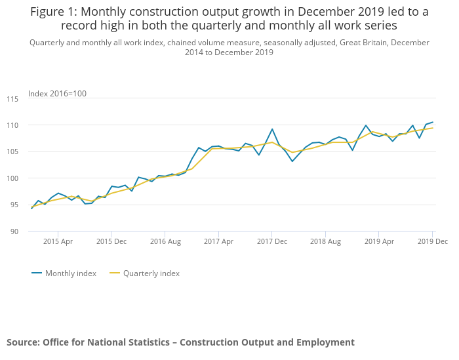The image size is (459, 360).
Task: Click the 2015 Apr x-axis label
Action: tap(58, 241)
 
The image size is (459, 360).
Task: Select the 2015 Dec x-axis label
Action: tap(111, 241)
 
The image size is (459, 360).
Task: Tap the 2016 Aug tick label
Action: tap(165, 241)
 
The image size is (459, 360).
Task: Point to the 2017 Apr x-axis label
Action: tap(218, 241)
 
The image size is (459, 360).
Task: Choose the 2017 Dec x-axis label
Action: tap(272, 241)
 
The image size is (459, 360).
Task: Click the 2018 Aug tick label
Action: tap(325, 241)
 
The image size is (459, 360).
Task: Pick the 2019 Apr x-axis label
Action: tap(379, 241)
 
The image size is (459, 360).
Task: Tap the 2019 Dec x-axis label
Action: tap(432, 241)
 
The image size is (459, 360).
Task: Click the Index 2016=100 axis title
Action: tap(57, 94)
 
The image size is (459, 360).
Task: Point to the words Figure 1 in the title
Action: tap(53, 11)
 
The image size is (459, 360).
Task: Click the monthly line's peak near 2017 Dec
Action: tap(272, 129)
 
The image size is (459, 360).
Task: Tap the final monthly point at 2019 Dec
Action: tap(433, 122)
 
